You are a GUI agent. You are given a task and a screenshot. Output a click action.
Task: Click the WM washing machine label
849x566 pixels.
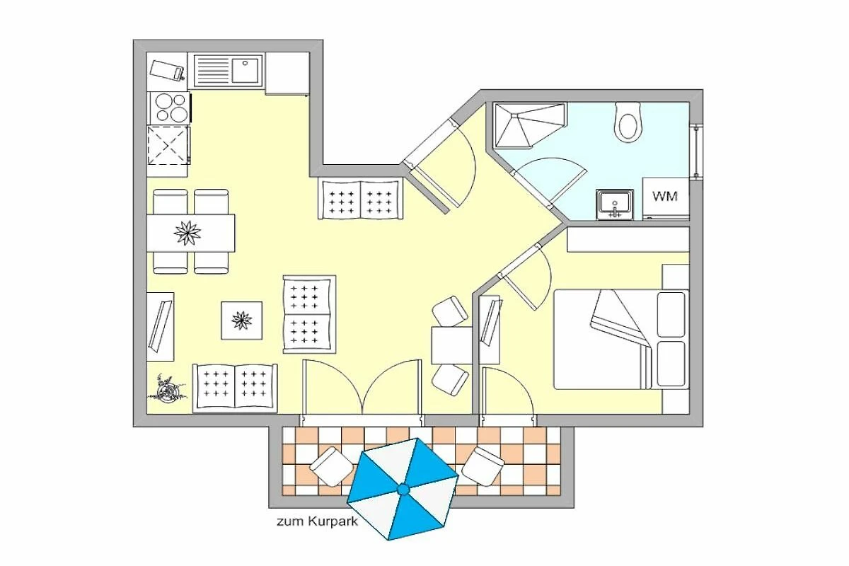[665, 196]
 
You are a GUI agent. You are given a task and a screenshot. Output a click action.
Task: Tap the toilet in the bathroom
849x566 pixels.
[628, 122]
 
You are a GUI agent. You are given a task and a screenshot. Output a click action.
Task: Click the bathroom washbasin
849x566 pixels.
[614, 204]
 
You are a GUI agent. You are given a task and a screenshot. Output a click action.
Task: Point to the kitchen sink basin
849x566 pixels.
[245, 70]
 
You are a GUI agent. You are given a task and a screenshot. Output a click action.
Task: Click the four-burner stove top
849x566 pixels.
[168, 108]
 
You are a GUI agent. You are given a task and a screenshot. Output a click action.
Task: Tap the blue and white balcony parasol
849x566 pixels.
[403, 489]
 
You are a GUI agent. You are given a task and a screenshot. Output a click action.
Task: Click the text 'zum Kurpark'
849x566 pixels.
[317, 521]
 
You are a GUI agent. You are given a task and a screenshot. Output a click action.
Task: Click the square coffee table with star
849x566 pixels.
[241, 320]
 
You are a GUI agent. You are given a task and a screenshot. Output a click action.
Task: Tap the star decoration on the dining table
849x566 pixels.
[187, 233]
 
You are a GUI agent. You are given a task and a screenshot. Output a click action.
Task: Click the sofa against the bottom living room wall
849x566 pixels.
[235, 388]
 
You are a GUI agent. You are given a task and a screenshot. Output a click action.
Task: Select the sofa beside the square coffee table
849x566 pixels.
[309, 314]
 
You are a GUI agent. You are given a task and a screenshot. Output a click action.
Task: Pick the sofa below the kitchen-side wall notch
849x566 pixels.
[360, 199]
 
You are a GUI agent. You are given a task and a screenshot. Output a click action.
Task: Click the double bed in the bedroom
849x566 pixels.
[621, 340]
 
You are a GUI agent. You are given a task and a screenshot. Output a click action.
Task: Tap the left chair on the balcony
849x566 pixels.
[331, 466]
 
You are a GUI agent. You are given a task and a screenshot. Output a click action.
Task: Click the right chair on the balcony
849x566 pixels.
[483, 466]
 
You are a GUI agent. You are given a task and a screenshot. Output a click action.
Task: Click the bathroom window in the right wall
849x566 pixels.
[696, 151]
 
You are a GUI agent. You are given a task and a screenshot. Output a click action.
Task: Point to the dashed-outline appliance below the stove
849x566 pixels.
[168, 145]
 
